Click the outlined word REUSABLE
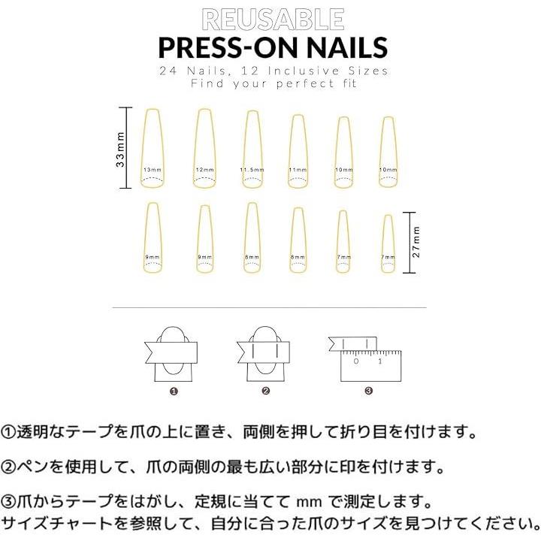coord(273,20)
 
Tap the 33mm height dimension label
coord(120,149)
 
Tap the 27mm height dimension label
coord(416,242)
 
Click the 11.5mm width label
coord(252,170)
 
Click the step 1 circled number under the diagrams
coord(174,391)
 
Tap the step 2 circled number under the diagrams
coord(265,391)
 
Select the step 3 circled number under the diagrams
coord(368,391)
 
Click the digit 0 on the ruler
coord(356,361)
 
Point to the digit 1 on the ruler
coord(379,361)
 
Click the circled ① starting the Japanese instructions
coord(8,432)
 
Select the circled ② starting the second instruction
coord(8,467)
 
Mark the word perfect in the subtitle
coord(305,84)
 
